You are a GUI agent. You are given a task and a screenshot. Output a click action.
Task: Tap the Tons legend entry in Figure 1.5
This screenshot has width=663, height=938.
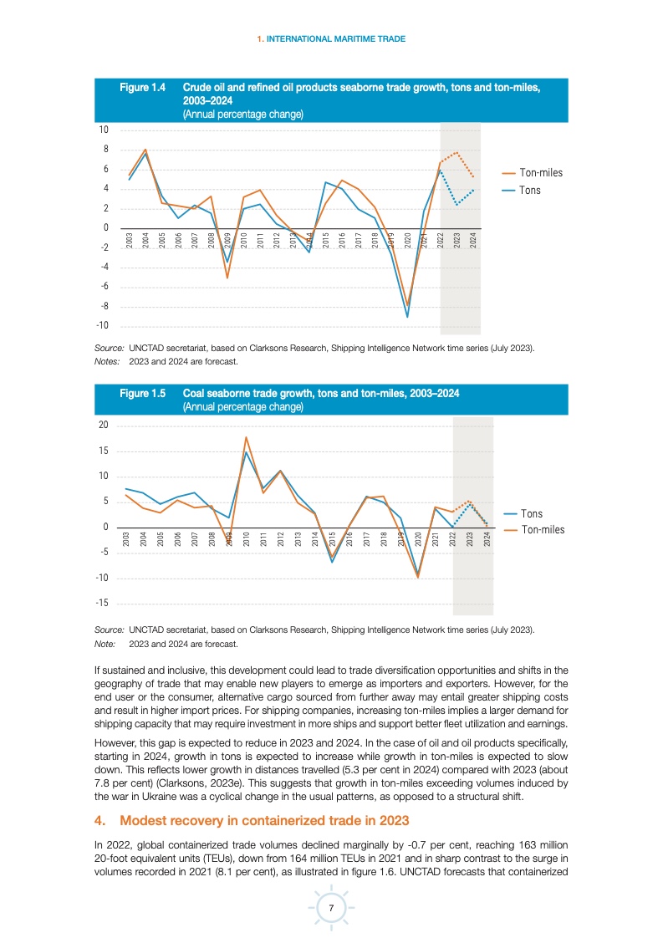tap(531, 513)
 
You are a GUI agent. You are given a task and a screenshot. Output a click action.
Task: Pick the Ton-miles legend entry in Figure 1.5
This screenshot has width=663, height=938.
tap(542, 529)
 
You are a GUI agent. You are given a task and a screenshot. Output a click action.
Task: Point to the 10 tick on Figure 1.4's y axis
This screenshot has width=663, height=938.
tap(104, 130)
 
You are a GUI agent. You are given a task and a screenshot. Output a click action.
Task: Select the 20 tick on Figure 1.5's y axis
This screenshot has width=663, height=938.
tap(104, 426)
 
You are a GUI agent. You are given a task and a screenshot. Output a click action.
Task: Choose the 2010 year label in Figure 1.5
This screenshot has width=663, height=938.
tap(247, 538)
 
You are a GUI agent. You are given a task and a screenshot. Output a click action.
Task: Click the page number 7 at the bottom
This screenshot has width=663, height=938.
tap(332, 909)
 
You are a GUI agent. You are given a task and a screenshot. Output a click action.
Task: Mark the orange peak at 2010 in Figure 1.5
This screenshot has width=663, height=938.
tap(246, 437)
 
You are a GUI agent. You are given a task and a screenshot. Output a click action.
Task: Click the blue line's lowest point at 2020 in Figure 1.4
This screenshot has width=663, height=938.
tap(407, 317)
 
